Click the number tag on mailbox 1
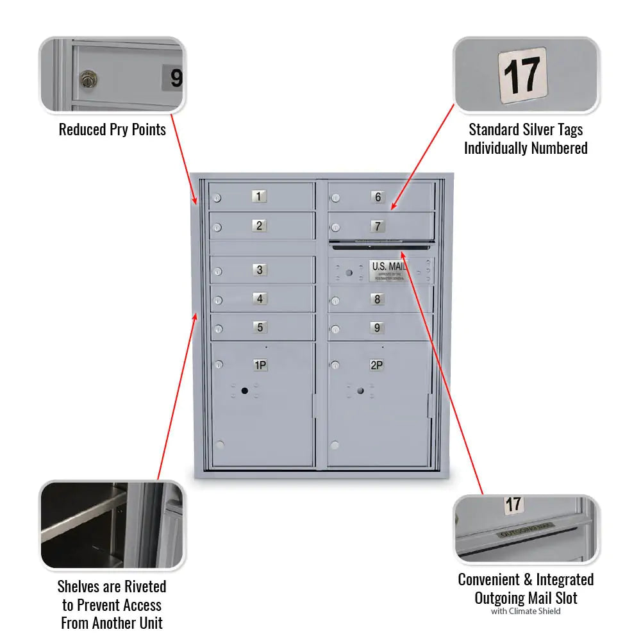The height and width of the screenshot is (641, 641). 259,196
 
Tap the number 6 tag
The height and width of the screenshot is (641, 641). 378,197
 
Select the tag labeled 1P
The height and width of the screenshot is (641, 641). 260,365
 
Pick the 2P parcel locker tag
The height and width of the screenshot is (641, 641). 377,365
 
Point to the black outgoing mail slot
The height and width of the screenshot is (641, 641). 381,246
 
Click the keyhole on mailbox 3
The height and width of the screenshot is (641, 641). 218,272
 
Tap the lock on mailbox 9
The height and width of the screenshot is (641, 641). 335,329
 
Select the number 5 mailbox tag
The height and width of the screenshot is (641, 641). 259,327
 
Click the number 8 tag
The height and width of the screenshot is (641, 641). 377,298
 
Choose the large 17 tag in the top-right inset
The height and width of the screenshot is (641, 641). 522,74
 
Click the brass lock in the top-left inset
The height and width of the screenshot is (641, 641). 87,79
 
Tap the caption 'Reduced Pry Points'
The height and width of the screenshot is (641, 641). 112,129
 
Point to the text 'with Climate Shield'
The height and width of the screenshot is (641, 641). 526,611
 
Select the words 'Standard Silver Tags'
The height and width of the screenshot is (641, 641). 526,129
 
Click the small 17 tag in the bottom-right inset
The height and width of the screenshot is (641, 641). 513,504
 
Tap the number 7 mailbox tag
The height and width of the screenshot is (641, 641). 378,226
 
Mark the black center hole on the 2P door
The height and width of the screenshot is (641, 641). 361,390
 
